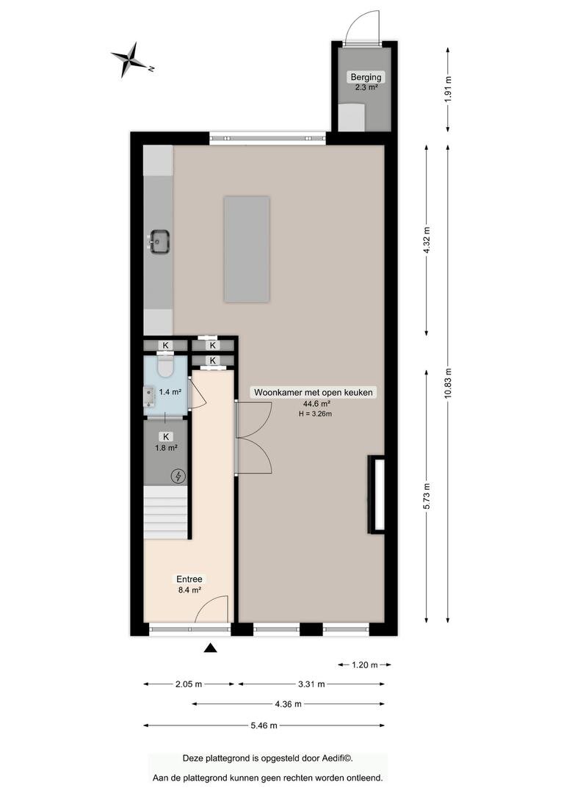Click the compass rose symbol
click(x=131, y=60)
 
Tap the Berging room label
click(x=366, y=77)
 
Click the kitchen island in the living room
click(x=246, y=250)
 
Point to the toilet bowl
click(x=165, y=366)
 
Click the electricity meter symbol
click(x=178, y=476)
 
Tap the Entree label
click(x=189, y=579)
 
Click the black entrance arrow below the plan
click(x=211, y=648)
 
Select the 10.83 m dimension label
click(x=448, y=383)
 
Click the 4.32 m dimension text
click(x=427, y=241)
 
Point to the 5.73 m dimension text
click(x=427, y=496)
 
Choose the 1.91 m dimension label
click(x=448, y=90)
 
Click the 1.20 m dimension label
click(x=365, y=665)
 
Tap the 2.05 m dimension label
click(x=189, y=684)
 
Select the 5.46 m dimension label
click(x=264, y=725)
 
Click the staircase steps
click(x=166, y=512)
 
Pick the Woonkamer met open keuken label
click(x=314, y=392)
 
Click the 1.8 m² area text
click(x=166, y=448)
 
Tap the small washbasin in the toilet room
click(x=148, y=396)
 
